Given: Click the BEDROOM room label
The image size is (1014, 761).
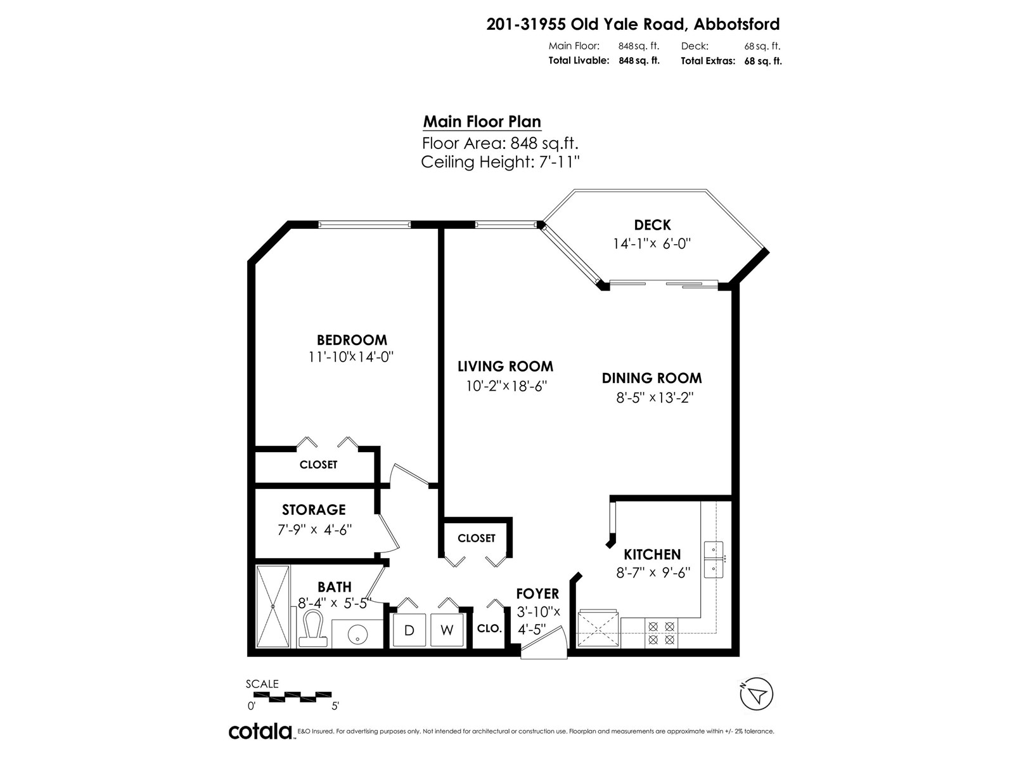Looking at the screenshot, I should tap(352, 340).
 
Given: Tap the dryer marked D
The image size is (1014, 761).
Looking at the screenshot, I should tap(409, 630).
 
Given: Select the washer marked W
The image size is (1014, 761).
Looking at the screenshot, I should tap(447, 630).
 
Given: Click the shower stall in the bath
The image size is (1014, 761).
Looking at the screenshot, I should tap(273, 606).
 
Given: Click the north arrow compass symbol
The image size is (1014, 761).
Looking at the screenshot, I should tap(756, 694).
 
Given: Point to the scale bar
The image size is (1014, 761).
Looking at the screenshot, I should tap(292, 696).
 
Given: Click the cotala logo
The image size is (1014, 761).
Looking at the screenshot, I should tap(260, 731).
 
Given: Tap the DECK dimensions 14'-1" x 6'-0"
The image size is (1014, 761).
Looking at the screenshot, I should tap(651, 244).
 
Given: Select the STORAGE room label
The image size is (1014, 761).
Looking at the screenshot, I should tap(314, 510).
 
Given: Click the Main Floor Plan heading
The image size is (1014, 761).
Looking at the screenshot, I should tap(482, 122).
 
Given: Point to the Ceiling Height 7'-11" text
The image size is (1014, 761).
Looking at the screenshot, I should tap(501, 162).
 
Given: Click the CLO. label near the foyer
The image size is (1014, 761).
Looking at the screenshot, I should tap(489, 628).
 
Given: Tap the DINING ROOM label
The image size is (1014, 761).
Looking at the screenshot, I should tap(651, 379).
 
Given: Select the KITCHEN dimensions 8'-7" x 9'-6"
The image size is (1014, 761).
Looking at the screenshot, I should tap(653, 573).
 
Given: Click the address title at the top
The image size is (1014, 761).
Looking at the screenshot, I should tap(632, 25).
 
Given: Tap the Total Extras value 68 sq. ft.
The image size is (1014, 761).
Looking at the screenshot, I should tap(763, 62).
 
